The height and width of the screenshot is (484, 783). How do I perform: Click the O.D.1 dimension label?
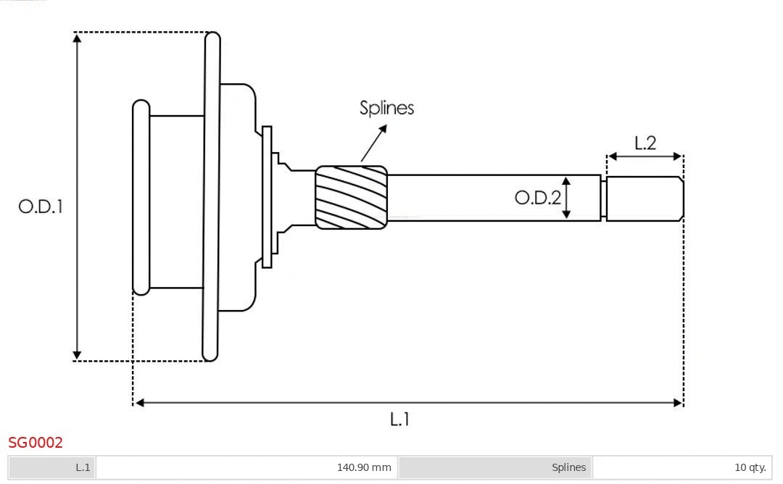[x=41, y=206]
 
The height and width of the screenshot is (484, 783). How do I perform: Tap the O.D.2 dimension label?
[x=537, y=197]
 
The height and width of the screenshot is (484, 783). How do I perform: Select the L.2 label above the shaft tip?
[x=645, y=143]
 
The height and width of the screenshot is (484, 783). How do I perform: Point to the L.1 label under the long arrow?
[x=399, y=419]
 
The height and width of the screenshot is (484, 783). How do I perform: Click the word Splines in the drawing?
[x=386, y=108]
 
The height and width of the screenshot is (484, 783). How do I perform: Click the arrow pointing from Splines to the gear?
[x=373, y=143]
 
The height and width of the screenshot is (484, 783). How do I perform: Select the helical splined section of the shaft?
[x=351, y=198]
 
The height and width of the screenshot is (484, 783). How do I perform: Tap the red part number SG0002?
[x=36, y=443]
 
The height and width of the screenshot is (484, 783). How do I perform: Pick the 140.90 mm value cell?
[x=246, y=467]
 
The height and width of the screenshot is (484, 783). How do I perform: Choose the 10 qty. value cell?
[x=681, y=467]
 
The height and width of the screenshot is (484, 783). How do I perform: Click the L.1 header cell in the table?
[x=52, y=467]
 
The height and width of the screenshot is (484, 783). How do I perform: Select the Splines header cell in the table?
[x=495, y=467]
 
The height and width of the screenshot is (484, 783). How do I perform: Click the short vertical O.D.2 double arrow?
[x=567, y=197]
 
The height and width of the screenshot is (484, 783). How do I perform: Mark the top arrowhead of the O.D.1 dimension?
[x=77, y=38]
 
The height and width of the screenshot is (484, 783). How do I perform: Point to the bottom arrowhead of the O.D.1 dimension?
[x=77, y=355]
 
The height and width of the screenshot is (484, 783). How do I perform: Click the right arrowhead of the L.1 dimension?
[x=678, y=402]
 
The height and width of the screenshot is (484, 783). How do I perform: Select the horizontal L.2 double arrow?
[x=645, y=157]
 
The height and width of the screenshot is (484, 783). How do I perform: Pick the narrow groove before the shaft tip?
[x=603, y=199]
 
